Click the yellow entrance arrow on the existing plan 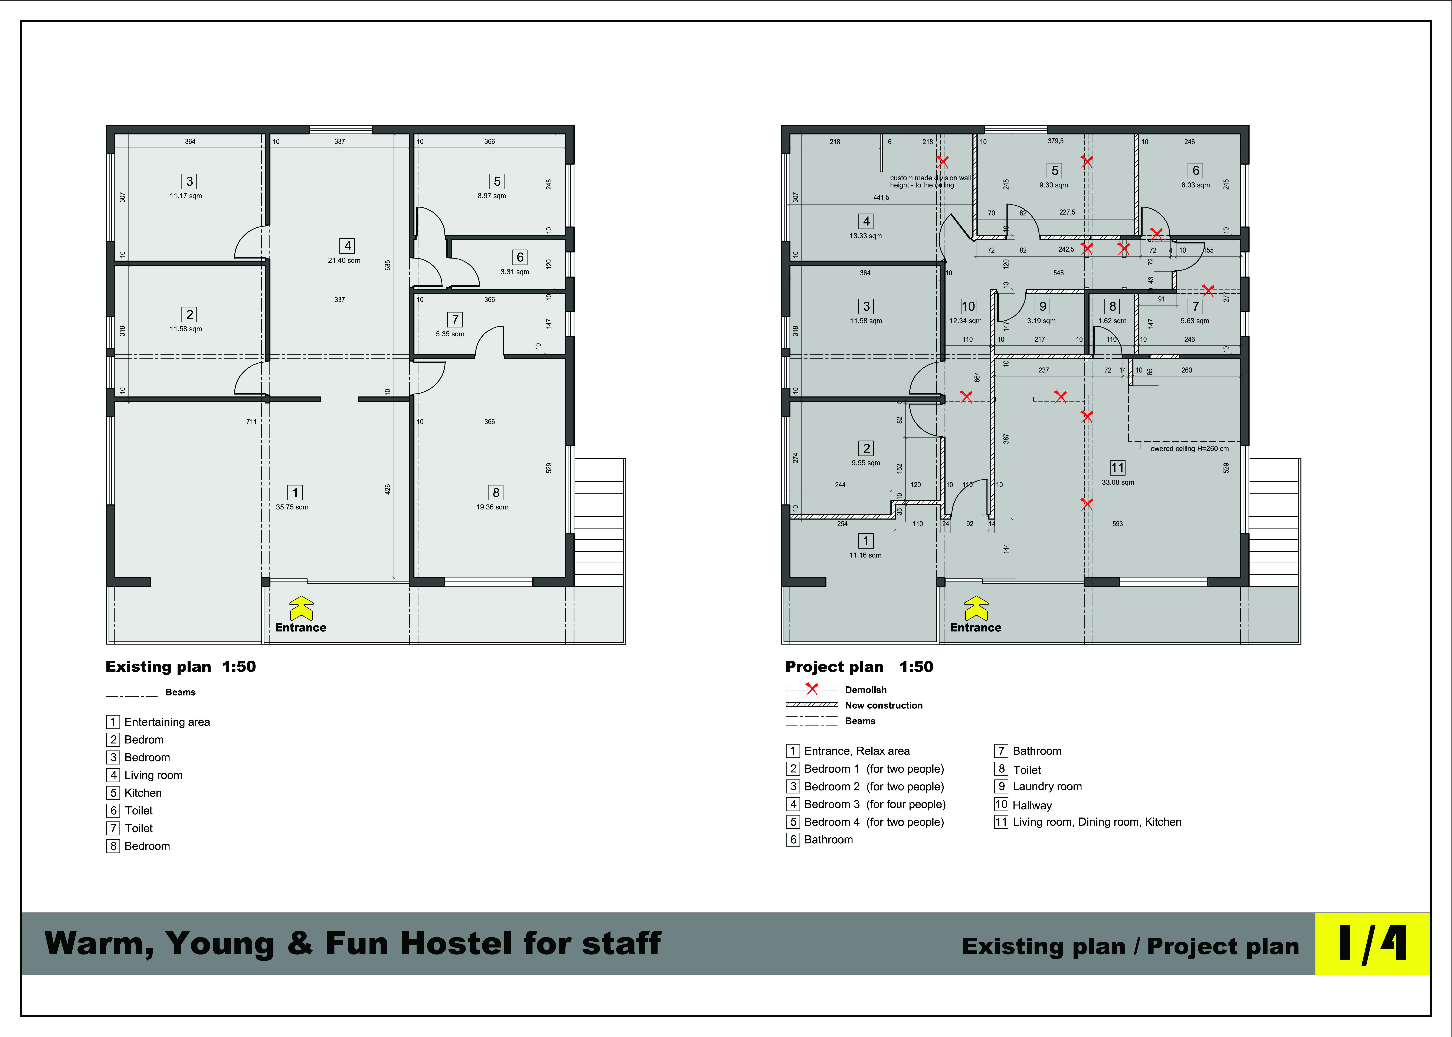click(301, 609)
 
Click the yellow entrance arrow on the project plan click(976, 609)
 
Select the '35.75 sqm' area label click(292, 507)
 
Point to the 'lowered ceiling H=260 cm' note click(1189, 448)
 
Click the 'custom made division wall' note click(930, 178)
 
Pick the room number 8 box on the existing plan click(496, 492)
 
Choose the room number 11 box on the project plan click(1117, 467)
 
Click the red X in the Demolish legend click(812, 689)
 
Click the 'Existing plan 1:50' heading click(181, 667)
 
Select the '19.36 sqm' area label click(492, 507)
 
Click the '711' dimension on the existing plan click(252, 421)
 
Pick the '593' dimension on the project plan click(1117, 524)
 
